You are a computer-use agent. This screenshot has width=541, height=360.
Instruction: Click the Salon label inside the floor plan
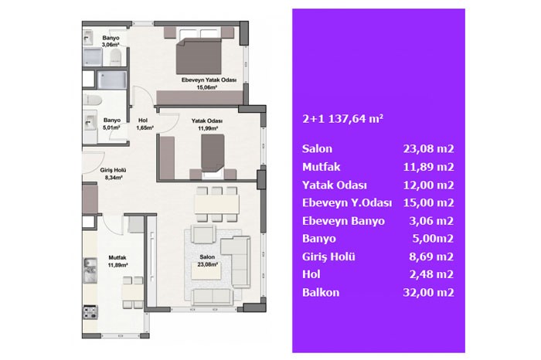coord(207,260)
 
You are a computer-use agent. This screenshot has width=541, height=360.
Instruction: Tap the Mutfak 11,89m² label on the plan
coord(117,261)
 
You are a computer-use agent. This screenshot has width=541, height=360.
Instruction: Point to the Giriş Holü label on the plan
coord(113,174)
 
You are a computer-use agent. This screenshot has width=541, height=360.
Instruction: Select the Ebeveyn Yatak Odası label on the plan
coord(209,83)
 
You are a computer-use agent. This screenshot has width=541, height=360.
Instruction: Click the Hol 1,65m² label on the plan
coord(144,124)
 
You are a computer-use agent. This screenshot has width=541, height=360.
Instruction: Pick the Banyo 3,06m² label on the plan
coord(111,41)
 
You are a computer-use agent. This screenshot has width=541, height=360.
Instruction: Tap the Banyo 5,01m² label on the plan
coord(112,124)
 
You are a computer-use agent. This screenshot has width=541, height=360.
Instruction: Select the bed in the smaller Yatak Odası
coord(213,155)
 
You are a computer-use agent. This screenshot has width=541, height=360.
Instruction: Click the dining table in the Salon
coord(216,205)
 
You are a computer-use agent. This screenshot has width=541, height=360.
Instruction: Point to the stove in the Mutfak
coord(90,312)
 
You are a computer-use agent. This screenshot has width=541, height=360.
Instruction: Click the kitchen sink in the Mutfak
coord(90,270)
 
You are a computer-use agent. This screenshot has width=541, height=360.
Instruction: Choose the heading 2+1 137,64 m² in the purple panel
coord(342,119)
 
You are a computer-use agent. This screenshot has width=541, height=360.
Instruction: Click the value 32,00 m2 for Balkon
coord(428,293)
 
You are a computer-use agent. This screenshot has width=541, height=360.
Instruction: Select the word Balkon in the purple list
coord(321,293)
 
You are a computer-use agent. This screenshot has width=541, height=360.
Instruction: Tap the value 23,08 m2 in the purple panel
coord(428,148)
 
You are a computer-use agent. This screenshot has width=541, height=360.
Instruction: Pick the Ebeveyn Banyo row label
coord(343,221)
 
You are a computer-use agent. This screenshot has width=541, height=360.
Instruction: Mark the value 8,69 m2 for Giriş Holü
coord(431,256)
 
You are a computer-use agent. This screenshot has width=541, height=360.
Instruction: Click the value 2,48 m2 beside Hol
coord(431,274)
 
